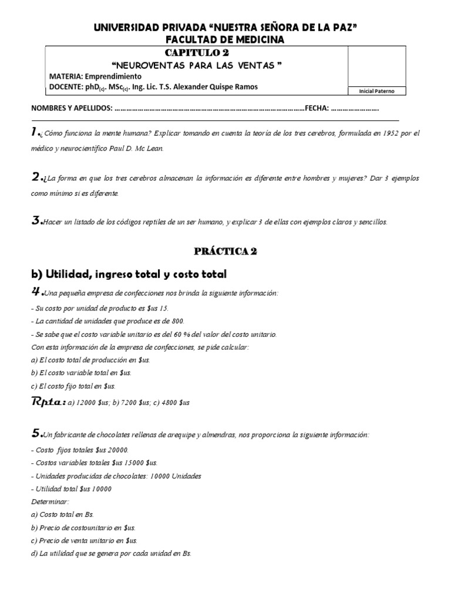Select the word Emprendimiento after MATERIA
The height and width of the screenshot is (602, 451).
(113, 76)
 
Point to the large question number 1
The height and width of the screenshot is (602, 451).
(36, 133)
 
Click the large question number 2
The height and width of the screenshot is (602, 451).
(36, 177)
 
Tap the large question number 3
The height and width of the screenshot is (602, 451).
(36, 221)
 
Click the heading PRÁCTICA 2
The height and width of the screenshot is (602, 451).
(225, 251)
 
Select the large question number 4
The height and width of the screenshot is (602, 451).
(36, 292)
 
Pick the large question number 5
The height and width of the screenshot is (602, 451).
(36, 434)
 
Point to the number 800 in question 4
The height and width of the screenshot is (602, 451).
(177, 321)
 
